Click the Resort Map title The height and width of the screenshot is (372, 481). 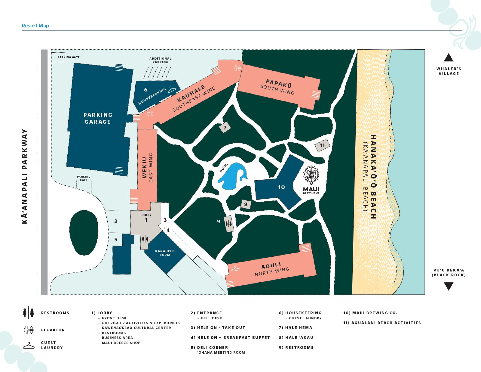(x=35, y=26)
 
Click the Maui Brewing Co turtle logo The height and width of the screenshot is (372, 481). (x=311, y=175)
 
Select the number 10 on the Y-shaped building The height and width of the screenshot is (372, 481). (x=281, y=187)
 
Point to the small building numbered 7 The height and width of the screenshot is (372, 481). (x=225, y=128)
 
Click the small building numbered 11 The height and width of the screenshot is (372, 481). (x=322, y=146)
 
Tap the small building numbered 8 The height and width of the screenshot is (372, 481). (x=246, y=204)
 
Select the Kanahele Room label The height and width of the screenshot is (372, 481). (x=164, y=253)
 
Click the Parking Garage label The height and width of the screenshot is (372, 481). (x=98, y=118)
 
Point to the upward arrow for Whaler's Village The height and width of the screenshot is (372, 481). (x=449, y=58)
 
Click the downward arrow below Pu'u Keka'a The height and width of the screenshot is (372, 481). (x=449, y=286)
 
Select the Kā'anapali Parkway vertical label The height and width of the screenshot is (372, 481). (x=25, y=176)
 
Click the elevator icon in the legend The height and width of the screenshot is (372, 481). (x=29, y=330)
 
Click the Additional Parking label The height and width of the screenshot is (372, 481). (x=160, y=60)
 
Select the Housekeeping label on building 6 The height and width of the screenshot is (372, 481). (x=152, y=96)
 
